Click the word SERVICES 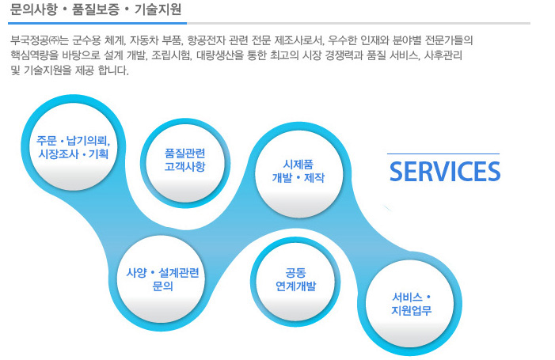[x=445, y=172]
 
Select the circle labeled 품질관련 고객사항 [x=185, y=163]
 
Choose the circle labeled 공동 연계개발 [x=295, y=282]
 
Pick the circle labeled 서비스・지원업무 [x=410, y=304]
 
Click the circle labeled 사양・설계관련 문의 [x=162, y=280]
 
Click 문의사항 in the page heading [x=33, y=9]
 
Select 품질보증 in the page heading [x=96, y=9]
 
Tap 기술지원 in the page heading [x=158, y=9]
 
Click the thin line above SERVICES [x=443, y=153]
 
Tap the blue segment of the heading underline [x=97, y=23]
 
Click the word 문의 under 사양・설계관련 [x=162, y=286]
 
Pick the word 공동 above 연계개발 [x=295, y=273]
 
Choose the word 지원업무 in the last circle [x=411, y=310]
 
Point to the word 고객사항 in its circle [x=184, y=166]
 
